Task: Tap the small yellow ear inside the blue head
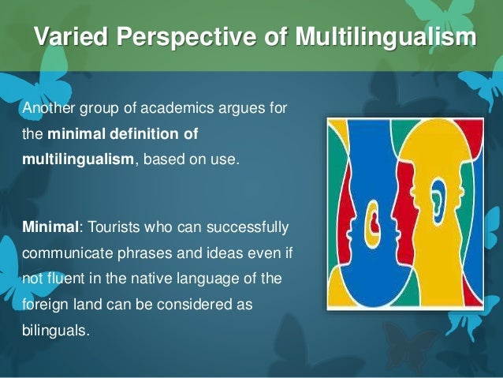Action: pos(371,216)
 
